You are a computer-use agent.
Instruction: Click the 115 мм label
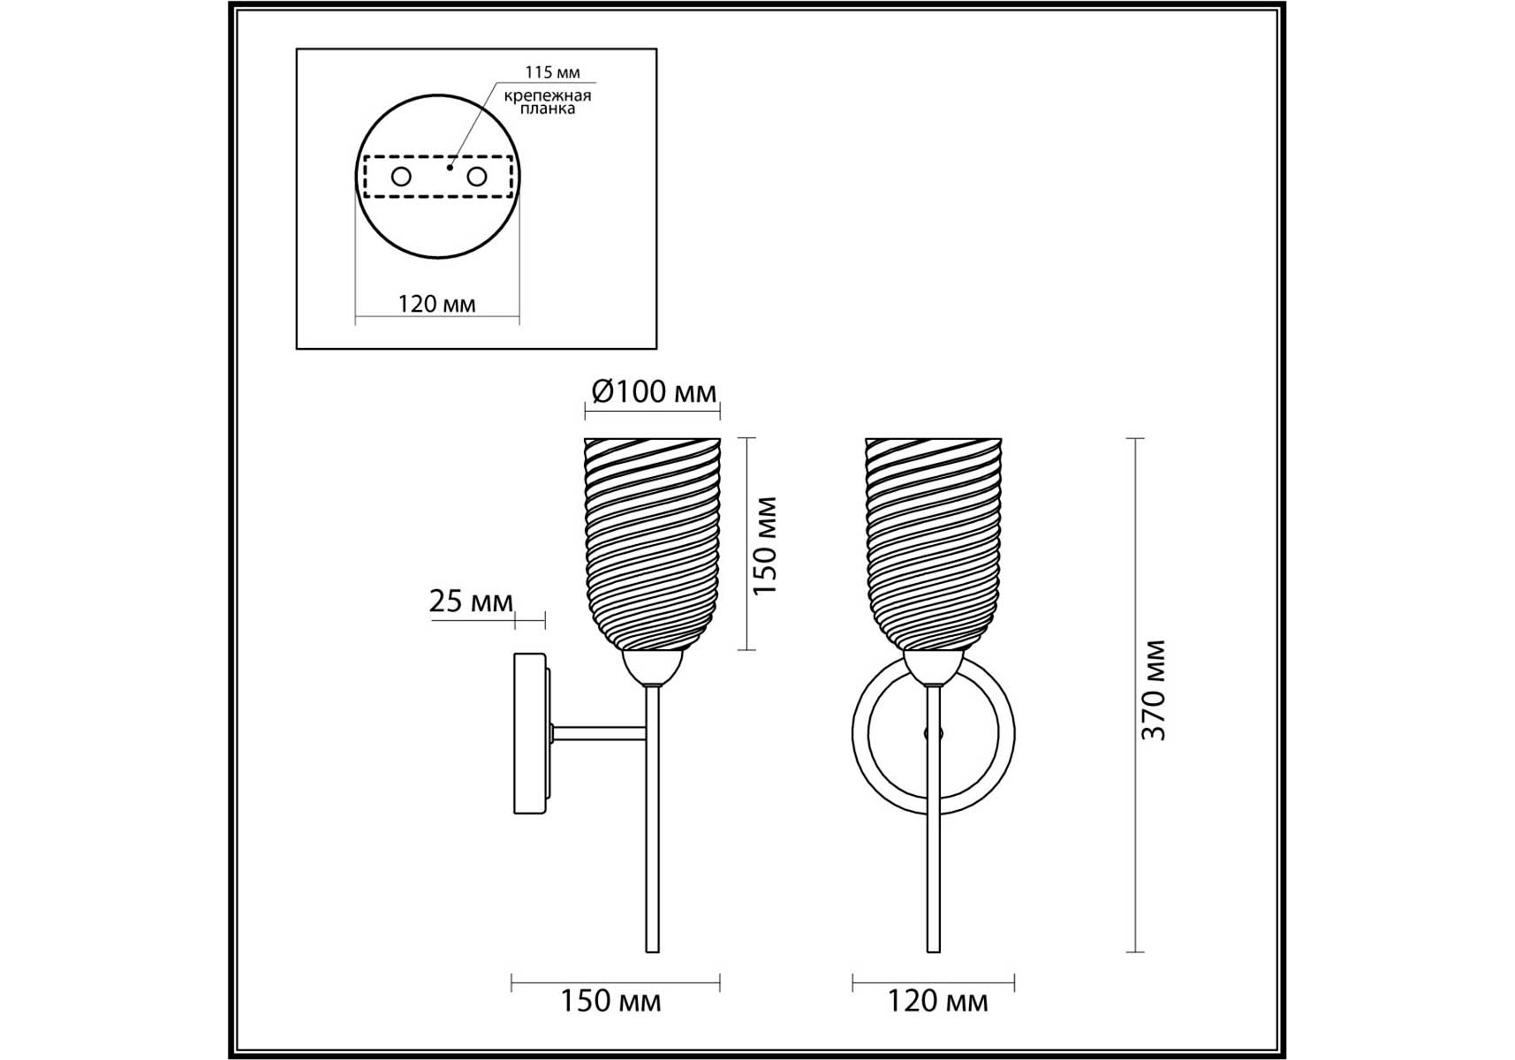pos(552,72)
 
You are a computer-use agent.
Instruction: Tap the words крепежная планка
pos(548,102)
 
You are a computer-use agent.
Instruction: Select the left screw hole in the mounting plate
pos(401,177)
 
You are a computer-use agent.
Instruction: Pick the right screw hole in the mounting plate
pos(477,177)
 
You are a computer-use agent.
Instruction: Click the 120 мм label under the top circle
pos(436,304)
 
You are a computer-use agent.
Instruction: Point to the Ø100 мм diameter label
pos(654,391)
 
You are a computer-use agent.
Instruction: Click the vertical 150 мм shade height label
pos(765,545)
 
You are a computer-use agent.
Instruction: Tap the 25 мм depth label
pos(471,601)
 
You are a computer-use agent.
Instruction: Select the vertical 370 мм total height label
pos(1155,690)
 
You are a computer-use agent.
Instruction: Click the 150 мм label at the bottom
pos(610,1001)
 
